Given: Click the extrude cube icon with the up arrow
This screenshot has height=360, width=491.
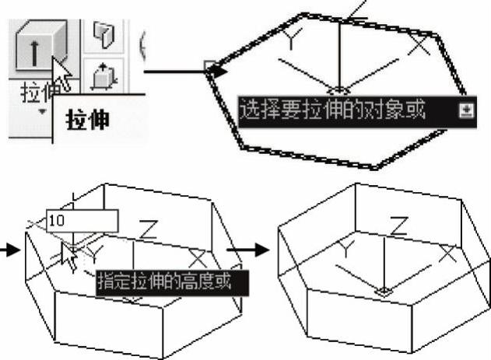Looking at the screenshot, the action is point(40,45).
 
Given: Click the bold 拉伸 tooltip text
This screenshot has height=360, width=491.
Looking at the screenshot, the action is point(88,120).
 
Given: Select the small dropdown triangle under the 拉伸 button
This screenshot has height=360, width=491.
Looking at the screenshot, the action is point(42,112).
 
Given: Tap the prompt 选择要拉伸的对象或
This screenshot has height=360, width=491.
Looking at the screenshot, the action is point(332,110).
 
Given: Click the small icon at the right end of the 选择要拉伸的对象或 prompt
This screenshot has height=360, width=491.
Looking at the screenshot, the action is point(466,110).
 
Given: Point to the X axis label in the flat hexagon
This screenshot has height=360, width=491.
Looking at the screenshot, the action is point(419,46).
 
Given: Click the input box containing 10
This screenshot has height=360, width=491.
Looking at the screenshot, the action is point(82,221).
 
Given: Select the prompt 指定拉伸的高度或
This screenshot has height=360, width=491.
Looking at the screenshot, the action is point(165,281).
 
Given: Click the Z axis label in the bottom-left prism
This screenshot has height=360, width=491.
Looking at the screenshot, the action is point(148,229).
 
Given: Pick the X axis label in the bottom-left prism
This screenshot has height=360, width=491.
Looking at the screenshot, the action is point(198,258).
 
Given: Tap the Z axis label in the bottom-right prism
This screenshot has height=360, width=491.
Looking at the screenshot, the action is point(399,225).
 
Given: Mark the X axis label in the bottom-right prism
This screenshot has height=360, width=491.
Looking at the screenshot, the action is point(448,253).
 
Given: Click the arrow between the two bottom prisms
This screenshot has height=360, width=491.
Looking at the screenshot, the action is point(248,250).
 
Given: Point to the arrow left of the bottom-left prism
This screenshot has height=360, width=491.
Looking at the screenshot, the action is point(10,250).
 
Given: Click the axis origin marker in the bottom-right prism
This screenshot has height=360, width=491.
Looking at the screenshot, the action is point(384,292).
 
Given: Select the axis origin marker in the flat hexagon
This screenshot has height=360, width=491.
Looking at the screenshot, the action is point(338,91).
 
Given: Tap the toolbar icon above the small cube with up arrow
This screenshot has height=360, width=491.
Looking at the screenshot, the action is point(104,35).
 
